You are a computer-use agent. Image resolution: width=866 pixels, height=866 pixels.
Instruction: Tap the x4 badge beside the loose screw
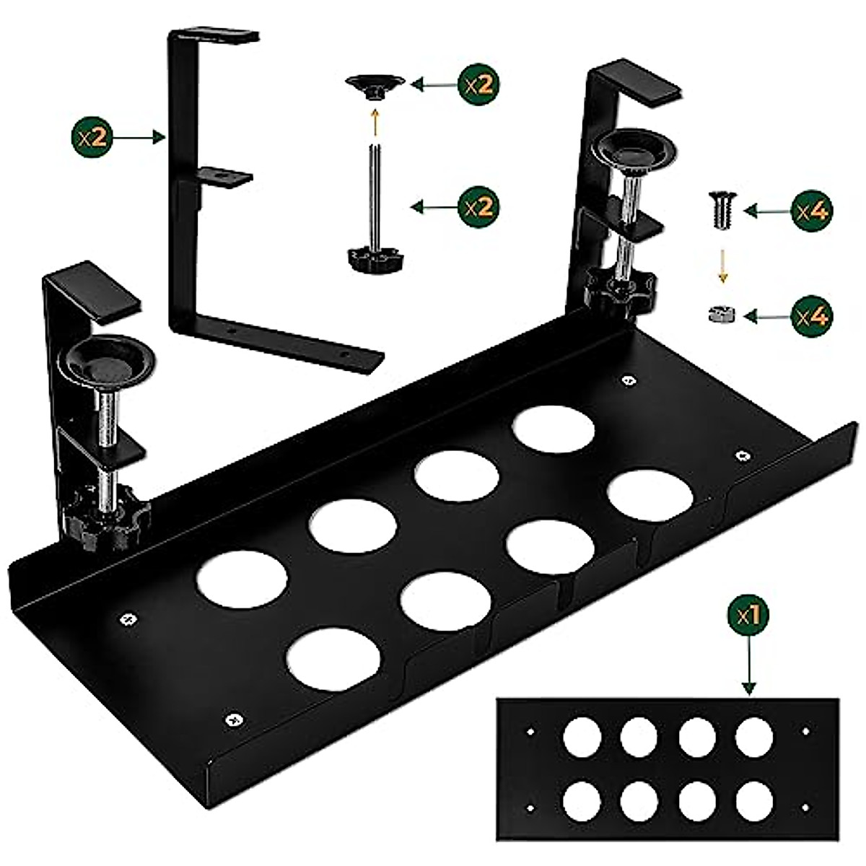[811, 210]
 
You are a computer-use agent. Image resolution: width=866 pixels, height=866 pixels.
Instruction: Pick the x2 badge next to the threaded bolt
[479, 207]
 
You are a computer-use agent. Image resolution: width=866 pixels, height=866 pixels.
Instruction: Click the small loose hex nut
[720, 315]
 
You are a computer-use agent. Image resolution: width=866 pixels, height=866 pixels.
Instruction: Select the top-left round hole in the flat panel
[582, 738]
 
